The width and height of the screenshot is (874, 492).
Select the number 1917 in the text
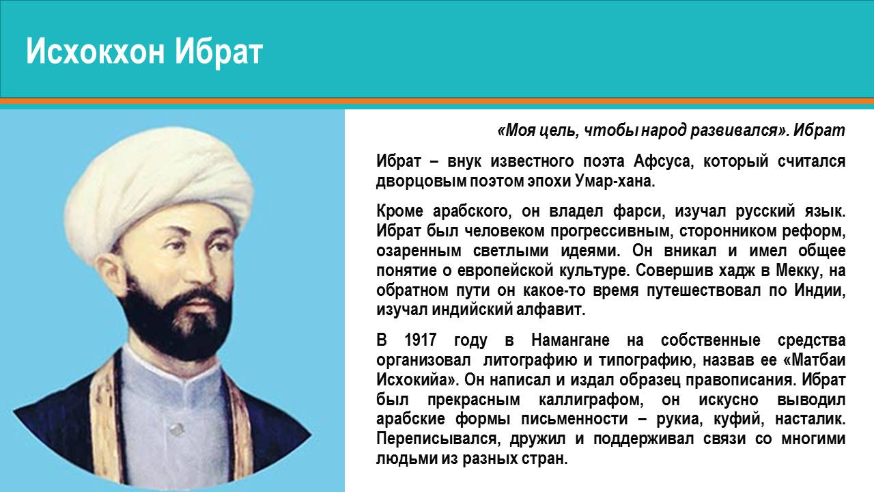(421, 340)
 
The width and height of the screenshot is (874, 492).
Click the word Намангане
(570, 340)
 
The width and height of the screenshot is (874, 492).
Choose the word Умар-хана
(615, 182)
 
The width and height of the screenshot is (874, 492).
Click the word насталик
(810, 420)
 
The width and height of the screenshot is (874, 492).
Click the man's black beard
(171, 324)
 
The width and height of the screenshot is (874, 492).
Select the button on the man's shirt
(175, 429)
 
